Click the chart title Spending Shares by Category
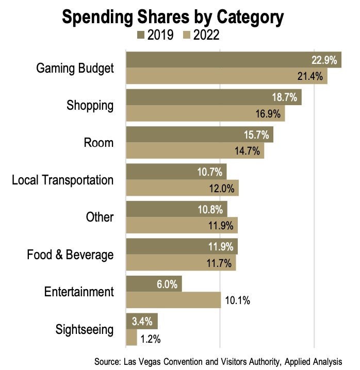coord(172,17)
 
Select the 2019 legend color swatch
coord(141,35)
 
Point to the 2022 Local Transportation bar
coord(182,188)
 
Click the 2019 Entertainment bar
coord(154,283)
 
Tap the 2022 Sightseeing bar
coord(132,338)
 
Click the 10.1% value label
coord(237,300)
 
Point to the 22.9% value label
coord(323,59)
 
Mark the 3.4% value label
coord(142,321)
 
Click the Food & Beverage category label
coord(70,255)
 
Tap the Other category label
coord(100,217)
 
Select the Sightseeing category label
coord(84,329)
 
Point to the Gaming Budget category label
coord(75,68)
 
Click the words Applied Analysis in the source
coord(318,360)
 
